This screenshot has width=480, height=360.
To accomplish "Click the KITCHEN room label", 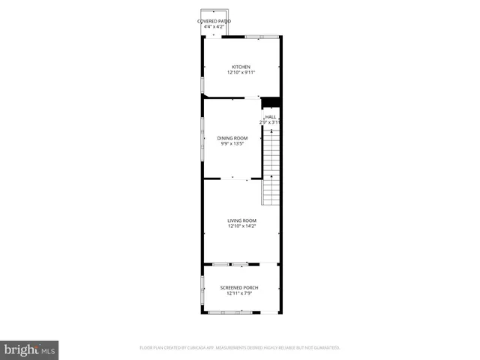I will (241, 67).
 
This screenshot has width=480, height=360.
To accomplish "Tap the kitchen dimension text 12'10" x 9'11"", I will (241, 73).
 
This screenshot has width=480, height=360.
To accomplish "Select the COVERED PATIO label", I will (214, 21).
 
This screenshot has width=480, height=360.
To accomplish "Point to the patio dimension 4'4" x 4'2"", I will (214, 27).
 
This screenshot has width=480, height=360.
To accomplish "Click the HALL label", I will (270, 117).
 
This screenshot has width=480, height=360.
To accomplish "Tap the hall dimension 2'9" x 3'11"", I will (270, 122).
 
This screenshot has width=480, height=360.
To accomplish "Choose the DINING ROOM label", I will (232, 138).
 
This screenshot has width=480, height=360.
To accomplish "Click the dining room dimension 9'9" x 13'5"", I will (232, 144).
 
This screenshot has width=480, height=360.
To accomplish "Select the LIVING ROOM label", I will (241, 220).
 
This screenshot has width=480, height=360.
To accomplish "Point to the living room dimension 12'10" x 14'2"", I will (241, 226).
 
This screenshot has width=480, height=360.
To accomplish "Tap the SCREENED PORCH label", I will (241, 288).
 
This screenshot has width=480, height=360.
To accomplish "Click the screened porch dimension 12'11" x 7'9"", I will (241, 294).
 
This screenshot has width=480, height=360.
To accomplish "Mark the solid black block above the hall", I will (270, 103).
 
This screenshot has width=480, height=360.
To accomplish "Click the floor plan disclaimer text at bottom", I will (240, 348).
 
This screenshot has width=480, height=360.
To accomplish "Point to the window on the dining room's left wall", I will (202, 135).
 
